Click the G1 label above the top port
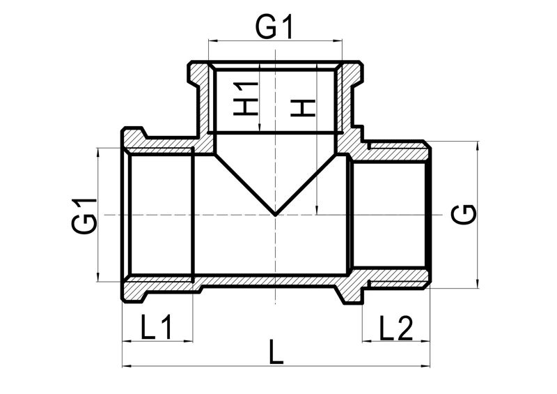pos(274,27)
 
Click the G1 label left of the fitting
pos(84,215)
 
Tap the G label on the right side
pos(464,214)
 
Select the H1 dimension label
pos(246,98)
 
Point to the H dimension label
pos(303,108)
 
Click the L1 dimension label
pos(156,327)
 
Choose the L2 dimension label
pos(395,328)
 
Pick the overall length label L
pos(276,352)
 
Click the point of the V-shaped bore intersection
pos(275,215)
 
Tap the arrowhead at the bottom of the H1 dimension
pos(260,128)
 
